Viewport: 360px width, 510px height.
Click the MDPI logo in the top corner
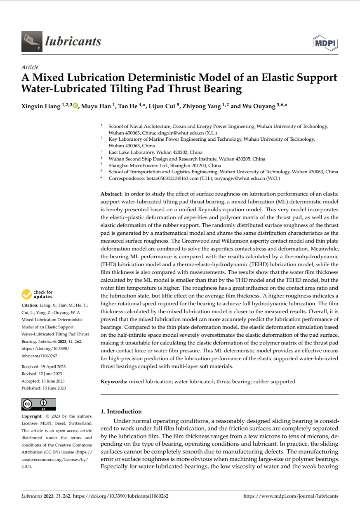point(325,43)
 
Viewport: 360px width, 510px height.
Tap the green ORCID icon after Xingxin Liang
point(75,106)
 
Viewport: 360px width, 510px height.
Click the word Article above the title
point(30,67)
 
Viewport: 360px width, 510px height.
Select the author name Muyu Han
point(96,106)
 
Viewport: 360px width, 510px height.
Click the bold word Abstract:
point(111,193)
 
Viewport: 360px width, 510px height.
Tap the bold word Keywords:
point(114,382)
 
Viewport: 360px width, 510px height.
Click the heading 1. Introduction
point(121,411)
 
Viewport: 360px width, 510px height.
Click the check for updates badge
point(38,294)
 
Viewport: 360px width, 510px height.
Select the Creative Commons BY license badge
point(38,404)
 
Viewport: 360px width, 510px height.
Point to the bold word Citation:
point(30,305)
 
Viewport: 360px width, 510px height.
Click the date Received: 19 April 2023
point(43,366)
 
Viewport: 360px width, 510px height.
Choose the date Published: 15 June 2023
point(43,388)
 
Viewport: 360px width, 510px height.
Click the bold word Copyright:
point(32,416)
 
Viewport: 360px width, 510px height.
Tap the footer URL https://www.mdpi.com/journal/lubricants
point(291,496)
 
